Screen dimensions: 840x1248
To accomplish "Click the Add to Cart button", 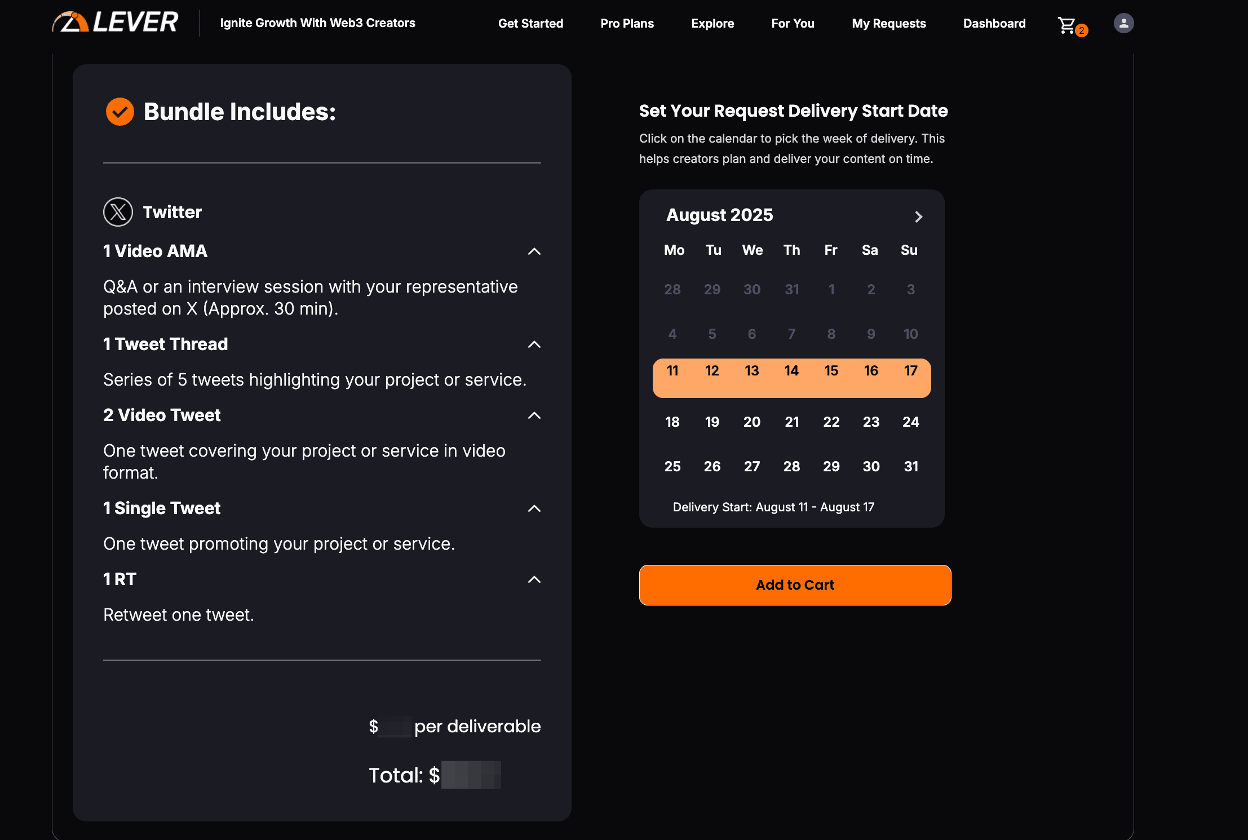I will (795, 585).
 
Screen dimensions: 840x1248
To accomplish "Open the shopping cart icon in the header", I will (1067, 25).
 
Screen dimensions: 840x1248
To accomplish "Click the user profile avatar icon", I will (1123, 23).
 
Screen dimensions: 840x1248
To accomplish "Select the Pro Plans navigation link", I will (627, 24).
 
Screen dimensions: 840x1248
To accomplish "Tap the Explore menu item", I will (712, 24).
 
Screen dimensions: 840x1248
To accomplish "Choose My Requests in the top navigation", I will (888, 24).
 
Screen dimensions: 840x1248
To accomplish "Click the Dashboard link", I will (994, 24).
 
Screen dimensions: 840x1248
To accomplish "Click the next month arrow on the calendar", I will (918, 216).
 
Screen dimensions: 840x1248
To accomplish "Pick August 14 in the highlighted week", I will (791, 371).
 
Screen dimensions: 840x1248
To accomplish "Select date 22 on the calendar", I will (831, 422).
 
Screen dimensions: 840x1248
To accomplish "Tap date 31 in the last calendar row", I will (911, 466).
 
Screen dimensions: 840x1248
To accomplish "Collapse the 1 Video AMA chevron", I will (534, 251).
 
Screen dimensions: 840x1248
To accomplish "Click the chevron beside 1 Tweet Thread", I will (534, 344).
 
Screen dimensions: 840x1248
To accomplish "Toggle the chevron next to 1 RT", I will (534, 580).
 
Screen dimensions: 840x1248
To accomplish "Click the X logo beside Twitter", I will (118, 212).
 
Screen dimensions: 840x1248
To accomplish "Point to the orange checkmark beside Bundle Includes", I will (120, 112).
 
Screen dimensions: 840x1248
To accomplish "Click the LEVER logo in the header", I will (116, 23).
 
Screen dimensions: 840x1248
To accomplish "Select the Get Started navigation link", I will (530, 24).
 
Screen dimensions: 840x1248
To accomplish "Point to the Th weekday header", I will (791, 250).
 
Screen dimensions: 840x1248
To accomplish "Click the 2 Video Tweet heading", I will (162, 415).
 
